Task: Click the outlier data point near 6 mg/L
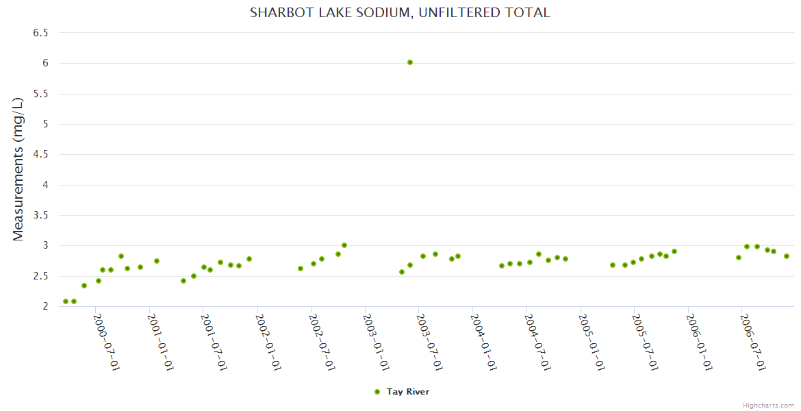coord(410,62)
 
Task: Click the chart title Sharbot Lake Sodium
coord(400,12)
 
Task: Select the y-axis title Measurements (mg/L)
coord(18,169)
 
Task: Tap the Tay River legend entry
coord(407,392)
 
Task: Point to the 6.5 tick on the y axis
coord(41,33)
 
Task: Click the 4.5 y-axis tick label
coord(41,155)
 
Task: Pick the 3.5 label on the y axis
coord(41,215)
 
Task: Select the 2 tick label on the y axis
coord(45,306)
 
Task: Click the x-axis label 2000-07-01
coord(107,342)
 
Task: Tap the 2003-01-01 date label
coord(377,342)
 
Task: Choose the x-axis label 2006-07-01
coord(753,342)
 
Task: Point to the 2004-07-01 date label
coord(538,342)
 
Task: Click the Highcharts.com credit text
coord(768,405)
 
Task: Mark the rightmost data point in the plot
coord(787,256)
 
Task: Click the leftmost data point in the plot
coord(66,301)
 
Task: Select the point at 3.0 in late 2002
coord(344,245)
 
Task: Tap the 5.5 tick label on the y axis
coord(41,94)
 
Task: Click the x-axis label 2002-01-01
coord(268,342)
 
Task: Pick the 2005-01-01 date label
coord(592,342)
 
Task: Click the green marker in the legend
coord(377,392)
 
